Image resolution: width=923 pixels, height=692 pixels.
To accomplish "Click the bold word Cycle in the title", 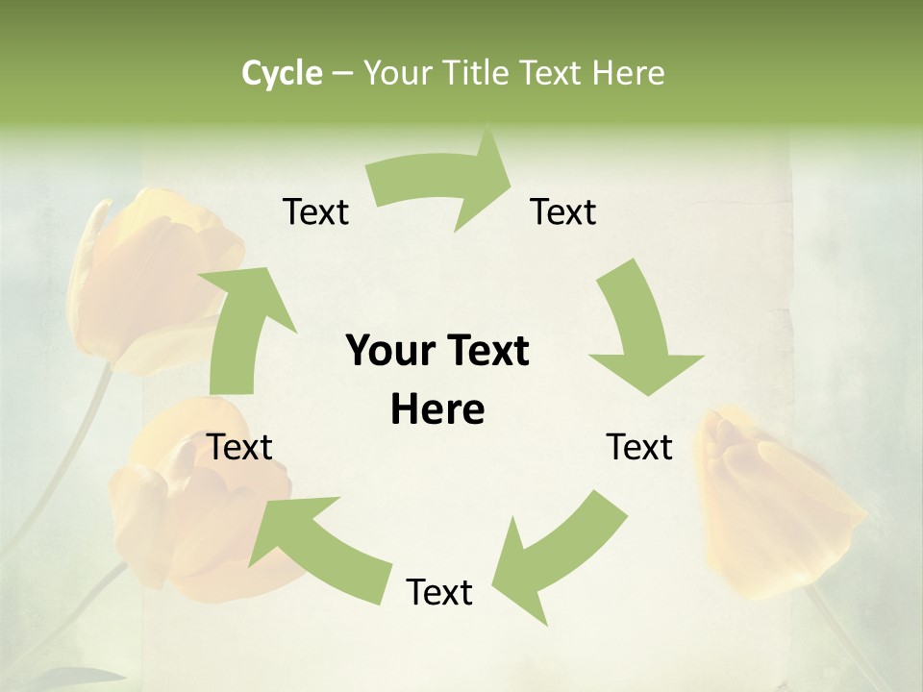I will point(282,73).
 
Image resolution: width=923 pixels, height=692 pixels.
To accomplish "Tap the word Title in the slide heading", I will point(482,73).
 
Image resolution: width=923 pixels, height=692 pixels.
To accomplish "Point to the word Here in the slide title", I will point(627,73).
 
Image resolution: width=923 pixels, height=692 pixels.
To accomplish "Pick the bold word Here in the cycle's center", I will point(437,410).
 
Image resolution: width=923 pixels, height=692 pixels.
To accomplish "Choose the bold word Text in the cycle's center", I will point(484,352).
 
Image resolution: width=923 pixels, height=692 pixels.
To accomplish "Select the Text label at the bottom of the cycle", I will point(439,592).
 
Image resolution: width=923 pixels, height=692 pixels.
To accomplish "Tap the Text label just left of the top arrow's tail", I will point(315,211).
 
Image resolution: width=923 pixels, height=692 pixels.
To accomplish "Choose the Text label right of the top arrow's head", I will point(563,211).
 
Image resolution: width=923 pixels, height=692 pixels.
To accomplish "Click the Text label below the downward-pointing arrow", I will point(639,447).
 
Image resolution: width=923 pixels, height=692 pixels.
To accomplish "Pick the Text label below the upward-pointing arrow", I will point(240,447).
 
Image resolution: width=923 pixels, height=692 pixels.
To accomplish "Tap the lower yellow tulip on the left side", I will point(192,519).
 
